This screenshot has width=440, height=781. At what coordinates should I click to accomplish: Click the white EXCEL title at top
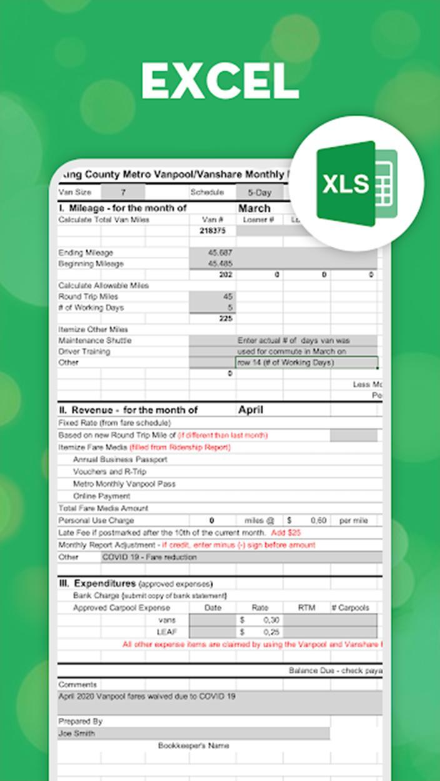(x=220, y=81)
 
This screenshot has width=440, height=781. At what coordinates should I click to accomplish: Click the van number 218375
(x=212, y=231)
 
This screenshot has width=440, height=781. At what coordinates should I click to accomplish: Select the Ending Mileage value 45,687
(x=219, y=252)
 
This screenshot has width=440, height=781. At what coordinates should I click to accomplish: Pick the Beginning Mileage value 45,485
(x=219, y=264)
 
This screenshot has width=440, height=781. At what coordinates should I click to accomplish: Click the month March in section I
(x=254, y=208)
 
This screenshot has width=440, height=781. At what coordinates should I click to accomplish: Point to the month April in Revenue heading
(x=251, y=410)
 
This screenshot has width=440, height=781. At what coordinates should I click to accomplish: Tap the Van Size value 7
(x=123, y=192)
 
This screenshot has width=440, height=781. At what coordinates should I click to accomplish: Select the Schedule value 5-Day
(x=259, y=192)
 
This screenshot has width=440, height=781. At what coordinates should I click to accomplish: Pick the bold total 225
(x=225, y=319)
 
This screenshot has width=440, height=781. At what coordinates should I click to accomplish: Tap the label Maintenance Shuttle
(x=94, y=341)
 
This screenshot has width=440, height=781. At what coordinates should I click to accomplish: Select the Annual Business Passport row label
(x=120, y=459)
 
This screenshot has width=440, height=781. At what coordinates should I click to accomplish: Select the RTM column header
(x=306, y=607)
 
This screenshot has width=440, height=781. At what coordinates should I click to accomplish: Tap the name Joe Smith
(x=76, y=734)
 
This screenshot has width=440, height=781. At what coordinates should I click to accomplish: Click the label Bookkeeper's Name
(x=193, y=745)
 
